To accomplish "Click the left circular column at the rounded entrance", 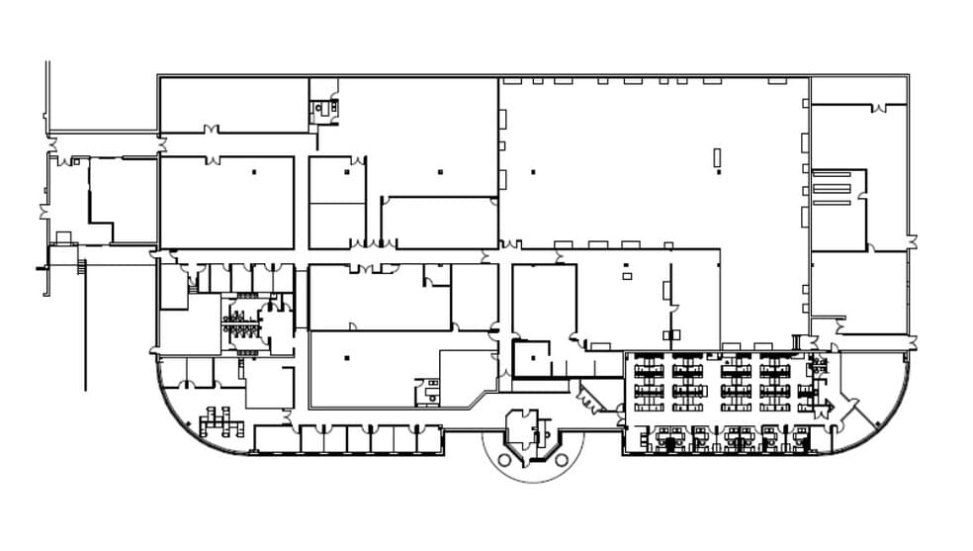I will [x=504, y=459].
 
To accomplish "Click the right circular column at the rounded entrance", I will [x=562, y=460].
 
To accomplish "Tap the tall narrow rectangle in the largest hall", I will [x=719, y=157].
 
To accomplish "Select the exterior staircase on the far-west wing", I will [x=81, y=266].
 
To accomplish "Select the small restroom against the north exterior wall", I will [x=324, y=108].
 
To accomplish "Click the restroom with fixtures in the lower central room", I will [x=427, y=390].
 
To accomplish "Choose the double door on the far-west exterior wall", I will [x=43, y=211].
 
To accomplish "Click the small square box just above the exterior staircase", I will [x=63, y=236].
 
